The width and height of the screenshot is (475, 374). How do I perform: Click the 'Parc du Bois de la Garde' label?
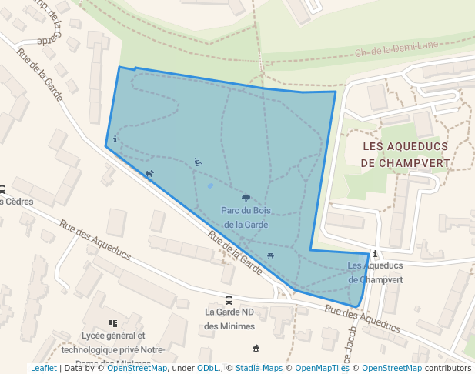click(245, 217)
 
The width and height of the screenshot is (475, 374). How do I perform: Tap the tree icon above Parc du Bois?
click(246, 199)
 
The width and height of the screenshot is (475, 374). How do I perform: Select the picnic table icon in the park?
click(270, 255)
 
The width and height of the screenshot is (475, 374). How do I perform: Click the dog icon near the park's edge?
click(149, 173)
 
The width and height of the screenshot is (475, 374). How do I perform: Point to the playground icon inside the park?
click(198, 162)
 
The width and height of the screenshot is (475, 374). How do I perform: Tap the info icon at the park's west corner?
click(115, 139)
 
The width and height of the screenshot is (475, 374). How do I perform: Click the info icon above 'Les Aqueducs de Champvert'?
click(375, 254)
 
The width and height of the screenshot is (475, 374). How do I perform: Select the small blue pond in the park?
click(211, 185)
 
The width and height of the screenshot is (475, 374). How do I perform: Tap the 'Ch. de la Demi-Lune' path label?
click(396, 48)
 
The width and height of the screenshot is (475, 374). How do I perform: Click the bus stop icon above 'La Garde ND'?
click(229, 300)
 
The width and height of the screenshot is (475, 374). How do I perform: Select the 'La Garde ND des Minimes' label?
click(229, 319)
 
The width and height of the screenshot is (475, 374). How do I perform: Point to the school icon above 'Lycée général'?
click(113, 323)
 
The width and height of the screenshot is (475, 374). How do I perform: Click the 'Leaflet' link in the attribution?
click(43, 368)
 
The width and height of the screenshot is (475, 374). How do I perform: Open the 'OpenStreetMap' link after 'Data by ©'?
click(136, 368)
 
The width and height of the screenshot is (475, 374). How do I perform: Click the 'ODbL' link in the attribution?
click(208, 368)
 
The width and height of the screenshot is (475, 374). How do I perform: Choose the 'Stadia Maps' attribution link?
click(259, 368)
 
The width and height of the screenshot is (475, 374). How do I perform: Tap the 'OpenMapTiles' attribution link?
click(323, 368)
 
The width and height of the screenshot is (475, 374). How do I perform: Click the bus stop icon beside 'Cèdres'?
click(2, 189)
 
